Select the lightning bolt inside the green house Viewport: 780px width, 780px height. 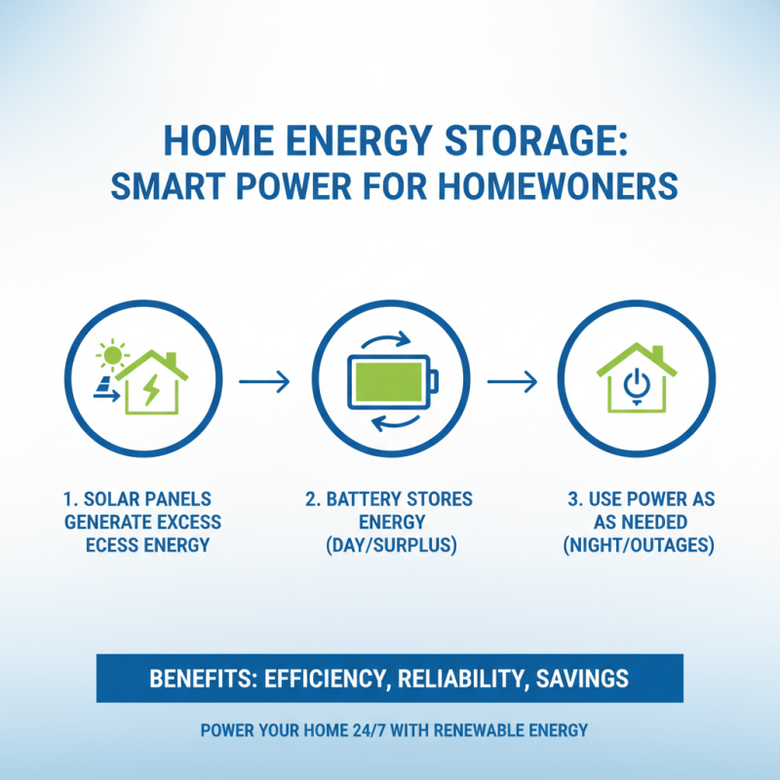pos(154,390)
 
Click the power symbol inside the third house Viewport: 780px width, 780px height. pos(636,384)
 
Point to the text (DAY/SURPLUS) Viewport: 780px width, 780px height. pos(389,545)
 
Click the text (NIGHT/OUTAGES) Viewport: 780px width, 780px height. pos(639,545)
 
